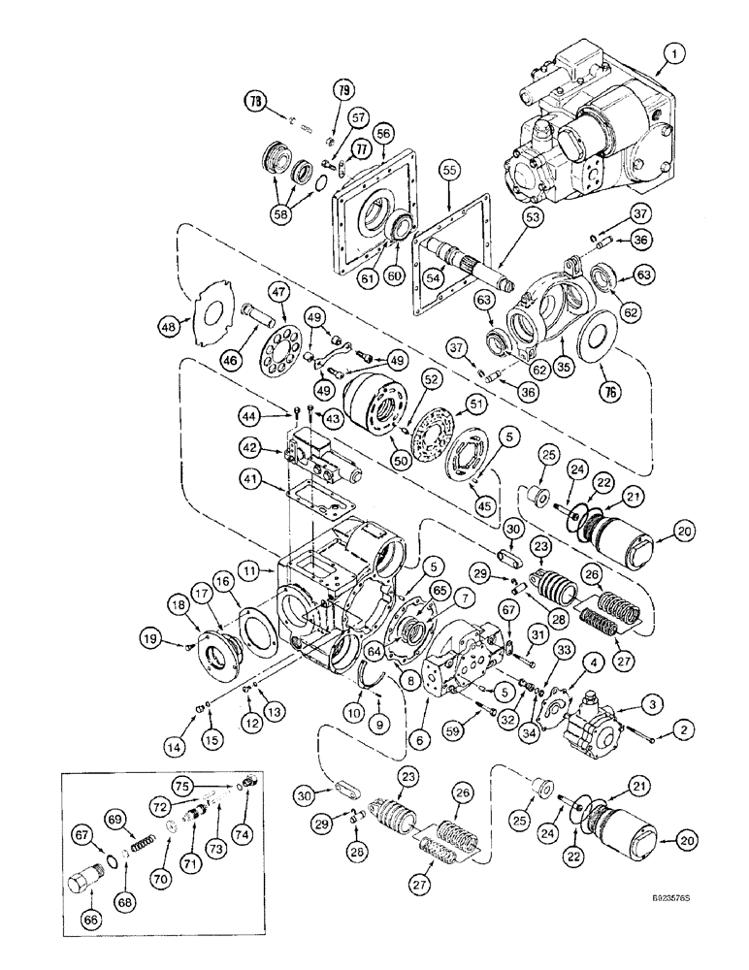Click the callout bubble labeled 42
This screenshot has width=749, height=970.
click(249, 447)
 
